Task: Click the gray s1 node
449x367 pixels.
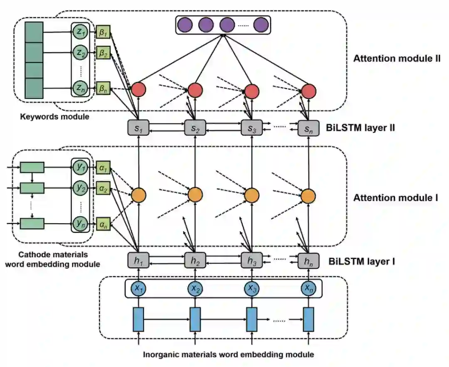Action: click(x=138, y=128)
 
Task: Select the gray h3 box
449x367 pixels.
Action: click(x=252, y=260)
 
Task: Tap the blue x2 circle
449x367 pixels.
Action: click(x=195, y=288)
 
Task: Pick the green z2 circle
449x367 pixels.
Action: click(x=80, y=53)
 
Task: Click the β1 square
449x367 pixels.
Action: click(x=103, y=32)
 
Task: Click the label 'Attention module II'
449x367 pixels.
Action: click(x=397, y=59)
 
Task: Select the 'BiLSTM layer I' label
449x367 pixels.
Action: click(x=362, y=261)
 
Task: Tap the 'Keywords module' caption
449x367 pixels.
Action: click(x=54, y=117)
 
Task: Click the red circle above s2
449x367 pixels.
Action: click(x=195, y=90)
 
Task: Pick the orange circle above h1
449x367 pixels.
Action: click(x=138, y=195)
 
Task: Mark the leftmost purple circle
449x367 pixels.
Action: click(x=185, y=25)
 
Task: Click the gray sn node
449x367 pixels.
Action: click(x=308, y=128)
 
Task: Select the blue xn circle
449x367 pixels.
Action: click(x=308, y=288)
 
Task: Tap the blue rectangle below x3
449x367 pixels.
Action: click(x=252, y=320)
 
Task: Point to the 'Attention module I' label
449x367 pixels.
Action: click(x=395, y=198)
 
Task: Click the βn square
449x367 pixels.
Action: click(x=103, y=89)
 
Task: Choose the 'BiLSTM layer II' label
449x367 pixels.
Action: click(x=360, y=128)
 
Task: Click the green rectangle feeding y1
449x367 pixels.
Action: click(x=32, y=167)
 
